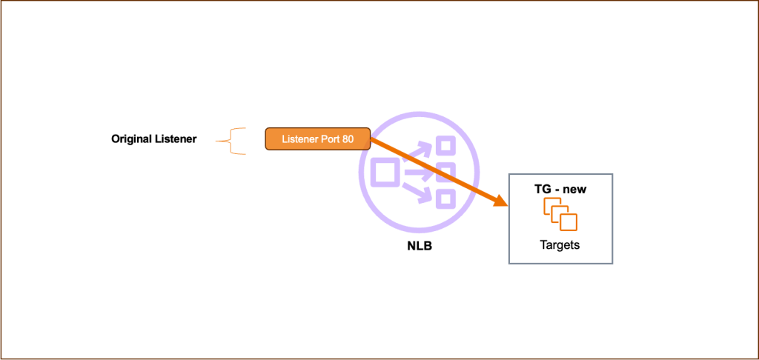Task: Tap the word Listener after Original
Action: tap(175, 139)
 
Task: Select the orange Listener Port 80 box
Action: tap(317, 139)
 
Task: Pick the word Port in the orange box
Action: tap(328, 139)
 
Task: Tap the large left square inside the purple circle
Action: tap(385, 173)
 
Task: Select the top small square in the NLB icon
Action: tap(445, 146)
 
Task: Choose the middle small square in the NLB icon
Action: tap(445, 173)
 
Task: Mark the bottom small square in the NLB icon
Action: tap(445, 199)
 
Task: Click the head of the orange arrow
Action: tap(500, 201)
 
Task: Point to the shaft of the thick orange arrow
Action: tap(437, 171)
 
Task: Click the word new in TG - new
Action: tap(574, 190)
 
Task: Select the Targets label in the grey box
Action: tap(560, 245)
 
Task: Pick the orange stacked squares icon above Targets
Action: tap(560, 215)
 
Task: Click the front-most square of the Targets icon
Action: tap(569, 221)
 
